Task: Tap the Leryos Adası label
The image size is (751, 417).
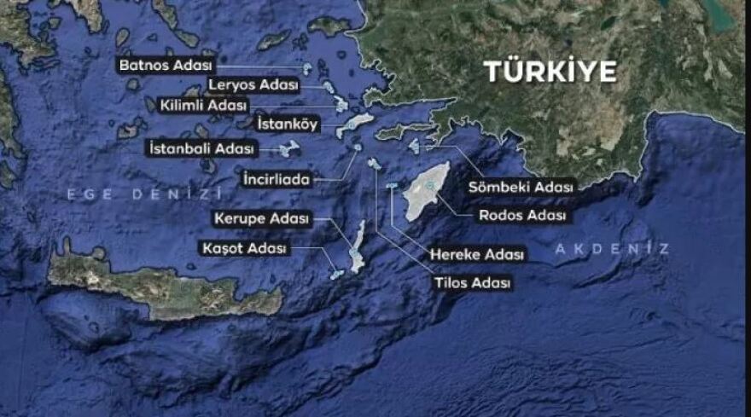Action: [x=253, y=85]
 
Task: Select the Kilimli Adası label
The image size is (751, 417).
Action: [x=204, y=106]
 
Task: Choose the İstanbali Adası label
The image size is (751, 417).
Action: [x=201, y=148]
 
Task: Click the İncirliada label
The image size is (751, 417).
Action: [x=276, y=179]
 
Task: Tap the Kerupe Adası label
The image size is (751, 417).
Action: [x=262, y=219]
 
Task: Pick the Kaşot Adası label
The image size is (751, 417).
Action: [x=244, y=249]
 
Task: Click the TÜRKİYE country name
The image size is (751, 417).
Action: [x=550, y=72]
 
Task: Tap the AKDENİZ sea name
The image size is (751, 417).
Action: [x=612, y=248]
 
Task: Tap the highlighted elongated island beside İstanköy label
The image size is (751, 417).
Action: [x=356, y=125]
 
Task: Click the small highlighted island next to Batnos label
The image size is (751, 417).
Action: [x=307, y=67]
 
